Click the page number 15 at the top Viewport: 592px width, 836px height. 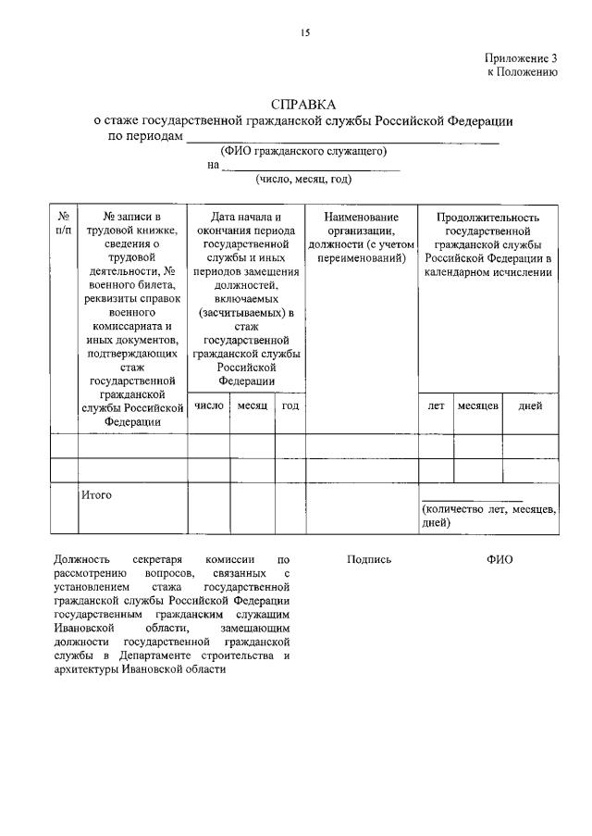click(x=304, y=33)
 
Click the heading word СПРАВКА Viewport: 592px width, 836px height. click(x=304, y=104)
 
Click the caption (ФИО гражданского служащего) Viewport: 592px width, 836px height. click(x=303, y=151)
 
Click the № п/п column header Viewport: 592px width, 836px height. click(x=63, y=223)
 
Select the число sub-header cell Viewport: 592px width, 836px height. click(x=208, y=406)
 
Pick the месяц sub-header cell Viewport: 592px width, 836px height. click(x=252, y=406)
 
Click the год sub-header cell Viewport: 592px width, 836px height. click(x=290, y=406)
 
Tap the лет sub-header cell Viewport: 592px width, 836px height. click(x=436, y=406)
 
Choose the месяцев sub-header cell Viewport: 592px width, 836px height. click(x=478, y=406)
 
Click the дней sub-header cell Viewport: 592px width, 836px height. click(x=531, y=406)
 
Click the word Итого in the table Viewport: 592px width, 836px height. click(x=96, y=495)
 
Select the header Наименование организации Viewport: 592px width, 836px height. click(x=361, y=223)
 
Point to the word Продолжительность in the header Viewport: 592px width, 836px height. click(x=487, y=217)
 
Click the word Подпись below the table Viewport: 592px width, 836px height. click(x=369, y=559)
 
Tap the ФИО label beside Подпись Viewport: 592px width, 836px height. click(x=499, y=559)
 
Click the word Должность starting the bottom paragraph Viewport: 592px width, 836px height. click(x=81, y=559)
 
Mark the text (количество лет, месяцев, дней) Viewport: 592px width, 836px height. click(x=488, y=516)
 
